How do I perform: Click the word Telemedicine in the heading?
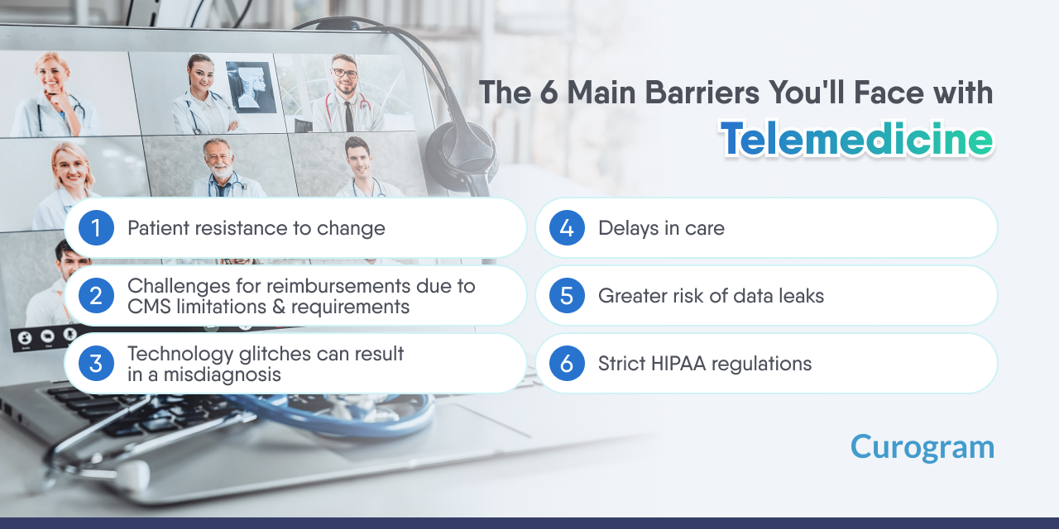[x=856, y=140]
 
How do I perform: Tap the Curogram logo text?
[x=922, y=447]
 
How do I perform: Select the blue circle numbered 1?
[x=96, y=228]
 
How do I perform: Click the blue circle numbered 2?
[x=96, y=296]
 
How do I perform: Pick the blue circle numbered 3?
[x=96, y=364]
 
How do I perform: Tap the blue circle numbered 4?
[x=567, y=228]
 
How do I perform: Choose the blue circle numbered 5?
[x=567, y=296]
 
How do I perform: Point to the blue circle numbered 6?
[x=567, y=364]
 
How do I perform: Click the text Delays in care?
[x=661, y=228]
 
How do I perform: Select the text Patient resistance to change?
[x=256, y=228]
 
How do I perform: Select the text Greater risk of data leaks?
[x=711, y=296]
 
